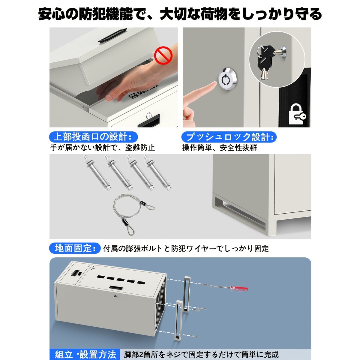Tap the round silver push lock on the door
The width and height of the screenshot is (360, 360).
[225, 80]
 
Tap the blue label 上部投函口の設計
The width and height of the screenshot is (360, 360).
[93, 137]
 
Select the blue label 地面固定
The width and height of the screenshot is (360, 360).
[75, 248]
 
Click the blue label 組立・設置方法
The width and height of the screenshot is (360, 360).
[84, 354]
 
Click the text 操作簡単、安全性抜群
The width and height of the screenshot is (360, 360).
[220, 148]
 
